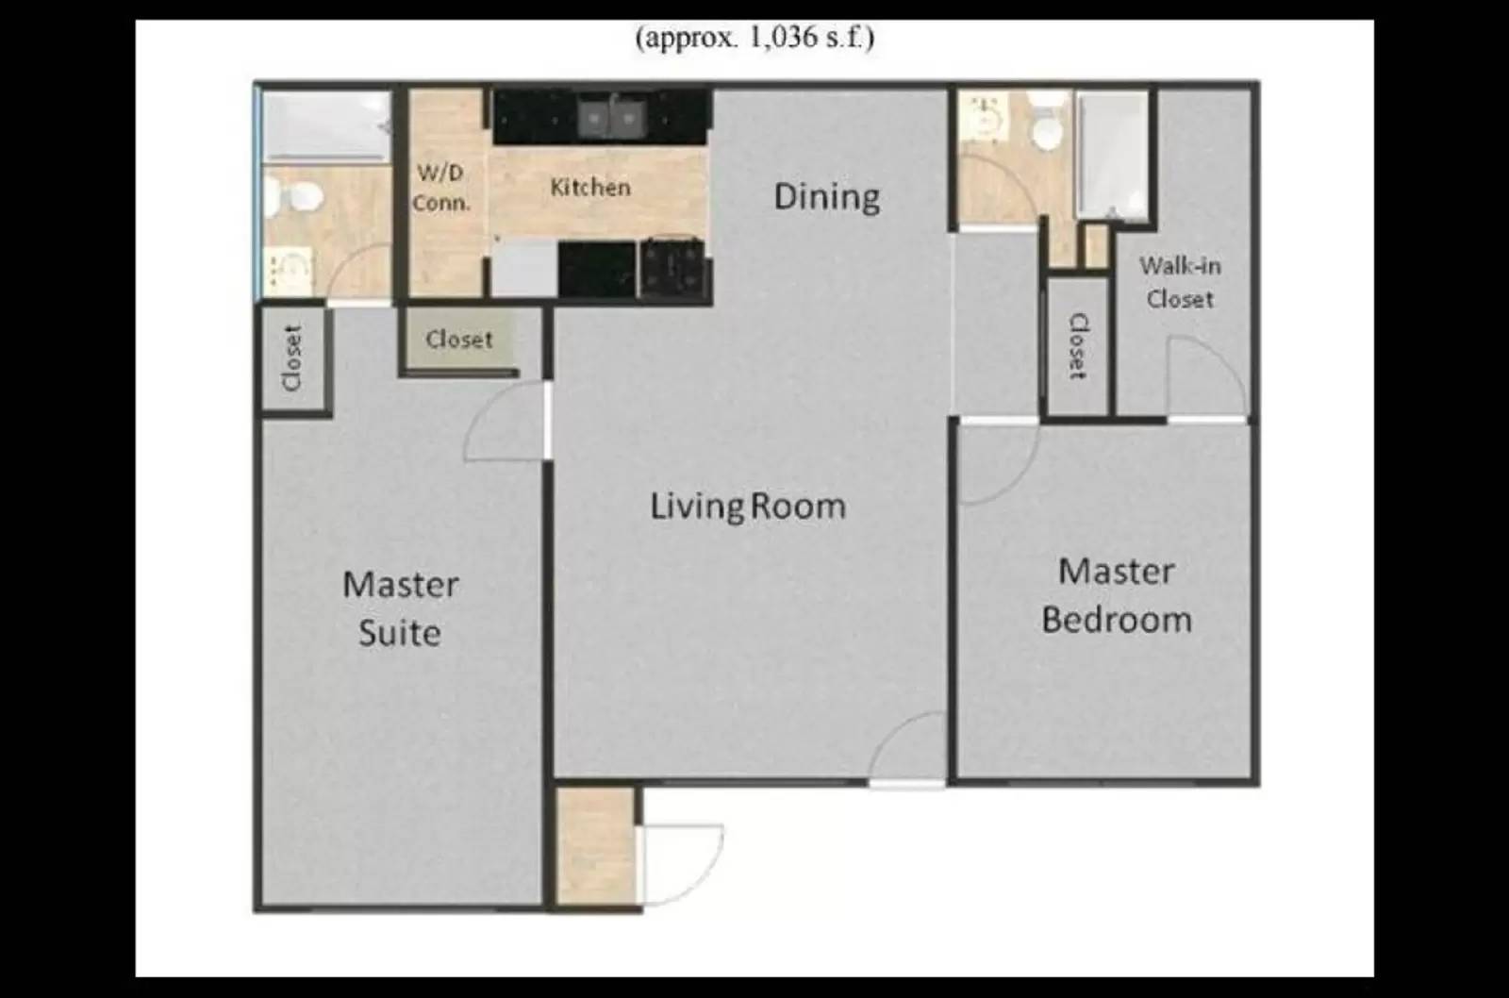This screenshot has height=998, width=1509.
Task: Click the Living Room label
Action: (x=748, y=507)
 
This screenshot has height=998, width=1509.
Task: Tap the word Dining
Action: (x=827, y=196)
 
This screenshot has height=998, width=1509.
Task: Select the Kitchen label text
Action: (x=590, y=187)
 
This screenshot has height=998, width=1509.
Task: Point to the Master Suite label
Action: (x=401, y=608)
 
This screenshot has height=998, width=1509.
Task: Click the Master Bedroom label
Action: (x=1117, y=595)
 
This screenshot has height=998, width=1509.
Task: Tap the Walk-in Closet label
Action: (x=1180, y=282)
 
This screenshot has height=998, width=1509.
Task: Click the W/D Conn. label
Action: (x=441, y=188)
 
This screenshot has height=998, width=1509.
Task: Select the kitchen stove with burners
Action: (x=672, y=267)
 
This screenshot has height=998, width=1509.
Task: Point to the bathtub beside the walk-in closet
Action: (x=1113, y=156)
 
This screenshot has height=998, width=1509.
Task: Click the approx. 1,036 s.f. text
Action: (x=754, y=38)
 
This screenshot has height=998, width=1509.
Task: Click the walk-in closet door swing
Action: (x=1207, y=377)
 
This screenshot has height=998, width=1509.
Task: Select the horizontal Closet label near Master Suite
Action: (x=459, y=340)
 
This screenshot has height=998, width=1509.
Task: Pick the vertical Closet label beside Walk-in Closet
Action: (x=1077, y=346)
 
